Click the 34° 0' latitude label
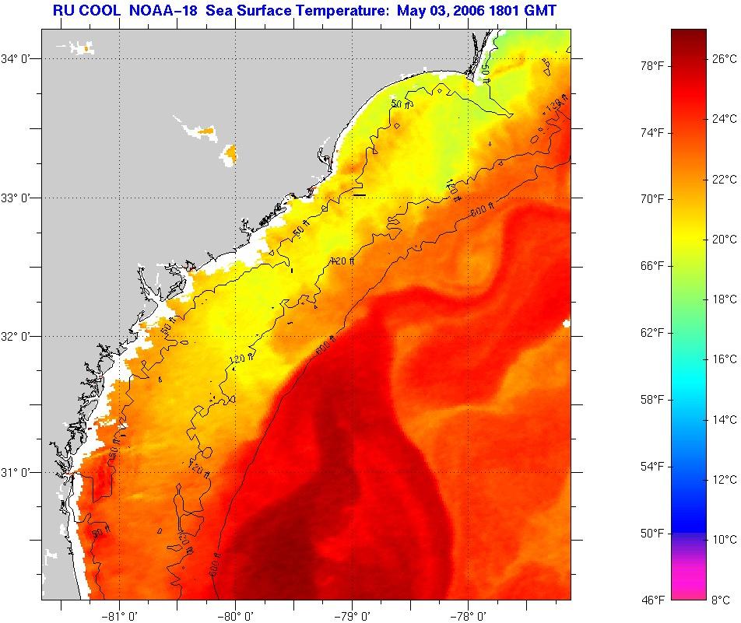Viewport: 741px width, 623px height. [x=19, y=58]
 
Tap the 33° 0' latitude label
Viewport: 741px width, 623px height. [x=19, y=198]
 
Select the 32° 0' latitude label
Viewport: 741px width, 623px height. [x=19, y=336]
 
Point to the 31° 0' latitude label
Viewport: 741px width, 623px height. [x=19, y=472]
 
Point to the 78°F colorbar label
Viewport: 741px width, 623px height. [x=651, y=66]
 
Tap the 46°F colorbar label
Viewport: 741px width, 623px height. [x=651, y=600]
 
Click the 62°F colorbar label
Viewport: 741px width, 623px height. [x=651, y=333]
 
